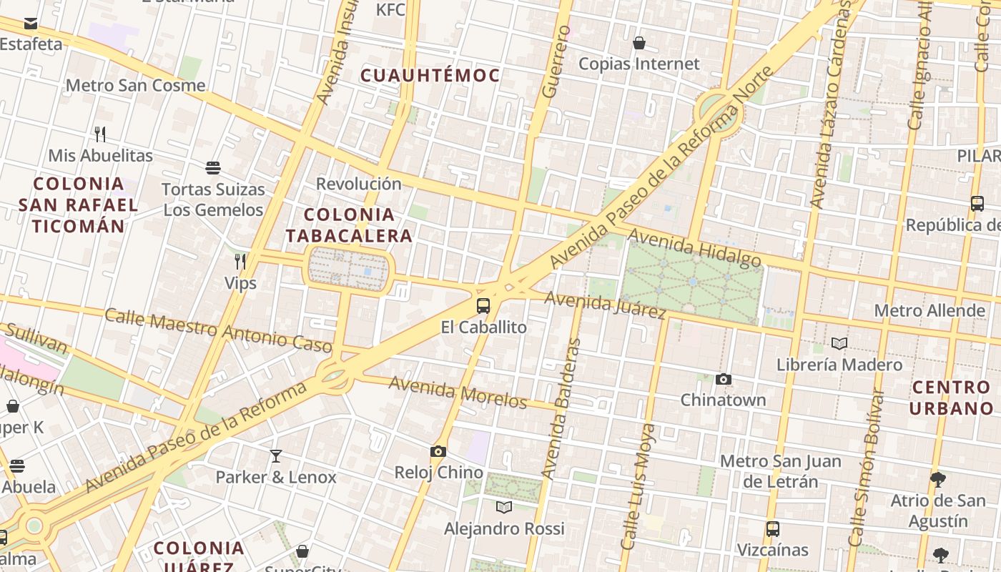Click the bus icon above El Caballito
point(483,306)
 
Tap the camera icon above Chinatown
point(724,379)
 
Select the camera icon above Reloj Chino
point(438,451)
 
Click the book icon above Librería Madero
point(839,344)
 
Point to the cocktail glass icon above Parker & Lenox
point(276,455)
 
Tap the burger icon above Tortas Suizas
point(212,168)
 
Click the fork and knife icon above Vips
point(240,262)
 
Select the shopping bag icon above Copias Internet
point(639,43)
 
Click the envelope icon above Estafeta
point(31,24)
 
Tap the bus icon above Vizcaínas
point(773,529)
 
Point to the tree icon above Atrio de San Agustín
point(938,479)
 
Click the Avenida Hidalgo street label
point(694,248)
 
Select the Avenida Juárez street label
point(605,305)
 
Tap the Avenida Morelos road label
point(458,393)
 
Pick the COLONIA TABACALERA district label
point(349,225)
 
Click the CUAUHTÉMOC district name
point(430,75)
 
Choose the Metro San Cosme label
point(135,86)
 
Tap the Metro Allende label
point(929,311)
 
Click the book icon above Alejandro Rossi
point(504,507)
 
